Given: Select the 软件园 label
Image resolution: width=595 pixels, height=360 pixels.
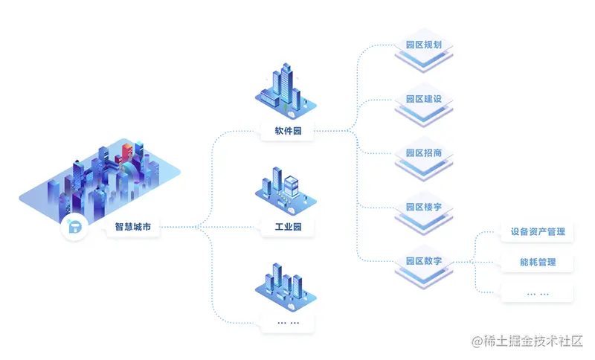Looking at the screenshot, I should [x=288, y=132].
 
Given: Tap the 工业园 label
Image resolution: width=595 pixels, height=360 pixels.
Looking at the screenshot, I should [x=288, y=227].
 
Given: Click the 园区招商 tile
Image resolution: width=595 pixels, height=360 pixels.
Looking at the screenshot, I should [x=424, y=154].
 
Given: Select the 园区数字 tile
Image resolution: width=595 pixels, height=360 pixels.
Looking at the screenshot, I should [x=424, y=262].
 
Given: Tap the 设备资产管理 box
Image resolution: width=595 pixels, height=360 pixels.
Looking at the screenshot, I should [x=538, y=232].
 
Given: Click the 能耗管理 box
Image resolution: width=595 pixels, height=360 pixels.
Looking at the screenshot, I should [x=538, y=262].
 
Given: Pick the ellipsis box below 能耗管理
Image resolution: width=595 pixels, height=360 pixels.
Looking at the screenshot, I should [x=538, y=292].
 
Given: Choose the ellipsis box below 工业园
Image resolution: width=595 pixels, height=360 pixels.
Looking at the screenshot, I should [x=288, y=322].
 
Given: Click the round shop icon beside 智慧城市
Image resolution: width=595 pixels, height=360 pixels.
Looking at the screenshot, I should [x=74, y=228].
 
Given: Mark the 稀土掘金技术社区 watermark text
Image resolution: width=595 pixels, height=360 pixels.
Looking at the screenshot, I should [x=527, y=341].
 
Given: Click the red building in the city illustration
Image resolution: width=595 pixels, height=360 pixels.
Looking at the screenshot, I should [x=127, y=151].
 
